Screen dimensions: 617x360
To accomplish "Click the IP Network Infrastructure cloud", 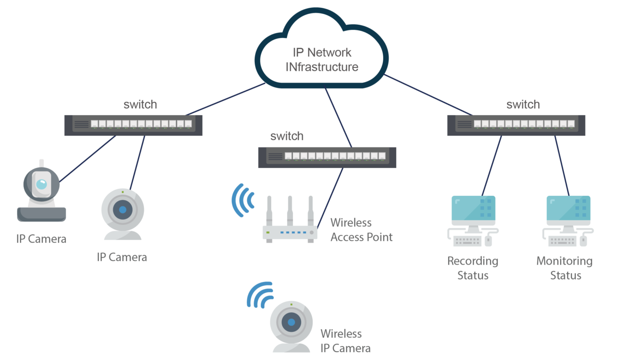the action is [322, 48].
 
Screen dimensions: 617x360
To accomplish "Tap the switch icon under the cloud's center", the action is [327, 158].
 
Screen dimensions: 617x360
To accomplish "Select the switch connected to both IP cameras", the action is [133, 125].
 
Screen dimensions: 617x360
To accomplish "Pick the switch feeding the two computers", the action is [516, 125].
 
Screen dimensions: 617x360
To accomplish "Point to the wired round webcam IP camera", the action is [122, 214].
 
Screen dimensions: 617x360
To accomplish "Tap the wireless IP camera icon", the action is [291, 327].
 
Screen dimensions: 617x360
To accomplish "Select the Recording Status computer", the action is [473, 221].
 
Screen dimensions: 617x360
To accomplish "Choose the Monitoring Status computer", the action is [568, 221].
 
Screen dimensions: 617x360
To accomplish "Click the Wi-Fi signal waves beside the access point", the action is [243, 200].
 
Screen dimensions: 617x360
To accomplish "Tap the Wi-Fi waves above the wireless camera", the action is [260, 295].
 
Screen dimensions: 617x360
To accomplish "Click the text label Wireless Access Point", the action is [361, 230].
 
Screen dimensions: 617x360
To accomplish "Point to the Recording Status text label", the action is [473, 268].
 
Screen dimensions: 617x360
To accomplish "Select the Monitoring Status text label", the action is [564, 268].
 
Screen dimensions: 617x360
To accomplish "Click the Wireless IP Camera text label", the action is [345, 341].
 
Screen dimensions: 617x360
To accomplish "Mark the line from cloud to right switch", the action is [428, 95].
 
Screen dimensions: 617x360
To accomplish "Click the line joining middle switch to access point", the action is [330, 198].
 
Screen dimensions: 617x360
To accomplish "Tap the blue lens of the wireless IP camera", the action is [291, 322].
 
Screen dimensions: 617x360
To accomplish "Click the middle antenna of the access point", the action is [290, 211].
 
